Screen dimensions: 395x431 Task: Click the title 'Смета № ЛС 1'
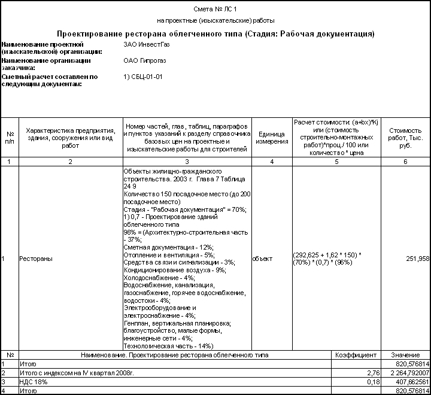point(215,9)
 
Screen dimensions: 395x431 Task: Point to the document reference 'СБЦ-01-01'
point(147,77)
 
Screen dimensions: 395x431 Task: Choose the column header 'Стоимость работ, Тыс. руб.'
point(405,138)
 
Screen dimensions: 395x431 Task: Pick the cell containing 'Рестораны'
point(36,259)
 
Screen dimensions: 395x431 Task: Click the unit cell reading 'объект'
point(263,259)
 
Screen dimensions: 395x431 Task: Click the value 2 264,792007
point(405,372)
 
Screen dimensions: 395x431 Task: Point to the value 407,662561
point(409,381)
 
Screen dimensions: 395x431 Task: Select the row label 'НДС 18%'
point(34,381)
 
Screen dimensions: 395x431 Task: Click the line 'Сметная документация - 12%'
point(168,247)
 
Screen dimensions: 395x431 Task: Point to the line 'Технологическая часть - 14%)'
point(168,345)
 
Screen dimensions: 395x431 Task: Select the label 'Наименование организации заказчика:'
point(47,64)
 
